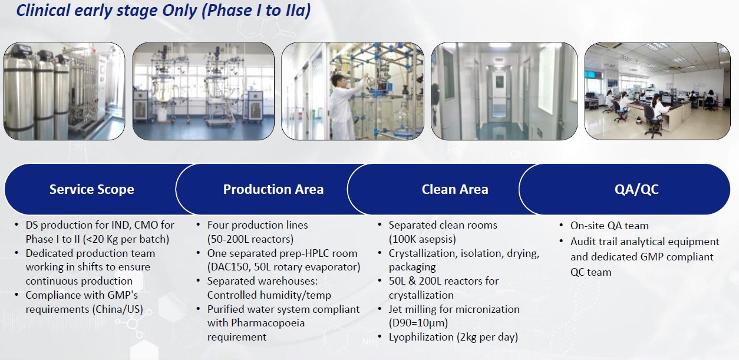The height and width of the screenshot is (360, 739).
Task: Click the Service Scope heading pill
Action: [x=91, y=189]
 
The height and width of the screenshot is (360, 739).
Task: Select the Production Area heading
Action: [x=273, y=189]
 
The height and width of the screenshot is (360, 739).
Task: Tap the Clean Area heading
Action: [x=454, y=189]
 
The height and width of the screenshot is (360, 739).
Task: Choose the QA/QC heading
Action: [x=636, y=189]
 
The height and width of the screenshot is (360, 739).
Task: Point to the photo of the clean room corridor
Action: [x=504, y=91]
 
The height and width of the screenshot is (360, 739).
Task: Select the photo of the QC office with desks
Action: [x=657, y=91]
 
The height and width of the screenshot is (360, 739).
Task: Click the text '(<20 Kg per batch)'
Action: [x=97, y=239]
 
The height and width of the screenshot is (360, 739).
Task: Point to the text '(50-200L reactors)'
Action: [x=250, y=239]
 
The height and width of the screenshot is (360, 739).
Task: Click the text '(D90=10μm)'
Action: [x=418, y=323]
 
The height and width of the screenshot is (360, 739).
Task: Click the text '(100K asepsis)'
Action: [x=422, y=239]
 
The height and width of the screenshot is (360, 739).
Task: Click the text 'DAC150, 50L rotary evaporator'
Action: [x=283, y=267]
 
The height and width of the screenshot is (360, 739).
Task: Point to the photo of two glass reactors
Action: [x=203, y=91]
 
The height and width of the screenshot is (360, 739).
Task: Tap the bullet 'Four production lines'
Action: [x=257, y=225]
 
